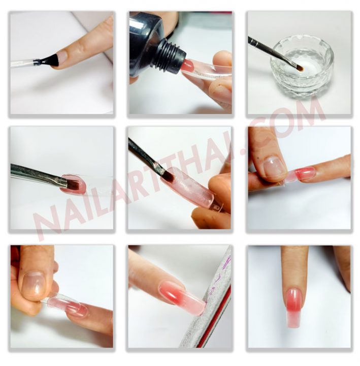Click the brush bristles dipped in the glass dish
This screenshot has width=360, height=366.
[x=300, y=67]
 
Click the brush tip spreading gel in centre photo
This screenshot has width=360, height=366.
[x=168, y=177]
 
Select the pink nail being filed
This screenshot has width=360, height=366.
[x=181, y=296]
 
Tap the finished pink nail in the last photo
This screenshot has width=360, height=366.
[x=294, y=307]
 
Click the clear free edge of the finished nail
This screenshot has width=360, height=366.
[x=293, y=320]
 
